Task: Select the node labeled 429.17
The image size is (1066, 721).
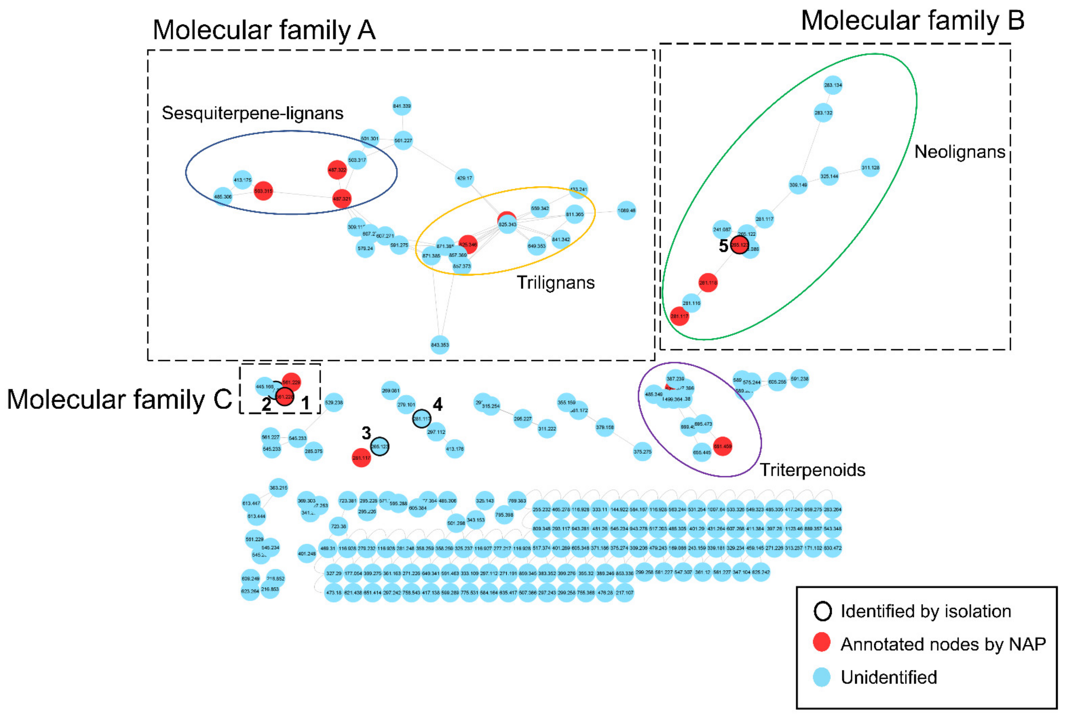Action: click(464, 178)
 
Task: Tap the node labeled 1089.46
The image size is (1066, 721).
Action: click(626, 211)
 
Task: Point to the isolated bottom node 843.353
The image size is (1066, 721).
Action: click(439, 345)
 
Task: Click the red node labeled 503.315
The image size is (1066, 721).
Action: click(263, 191)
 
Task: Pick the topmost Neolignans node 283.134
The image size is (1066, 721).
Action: click(833, 85)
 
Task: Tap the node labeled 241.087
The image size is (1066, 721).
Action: click(722, 230)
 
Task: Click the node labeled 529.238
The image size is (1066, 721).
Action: click(333, 402)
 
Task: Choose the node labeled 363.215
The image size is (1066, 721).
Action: click(278, 488)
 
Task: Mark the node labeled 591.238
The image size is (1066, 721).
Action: click(799, 379)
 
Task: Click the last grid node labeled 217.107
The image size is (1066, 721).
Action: click(624, 593)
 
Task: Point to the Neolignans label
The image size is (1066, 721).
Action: click(959, 152)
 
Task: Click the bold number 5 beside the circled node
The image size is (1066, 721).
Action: click(723, 246)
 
